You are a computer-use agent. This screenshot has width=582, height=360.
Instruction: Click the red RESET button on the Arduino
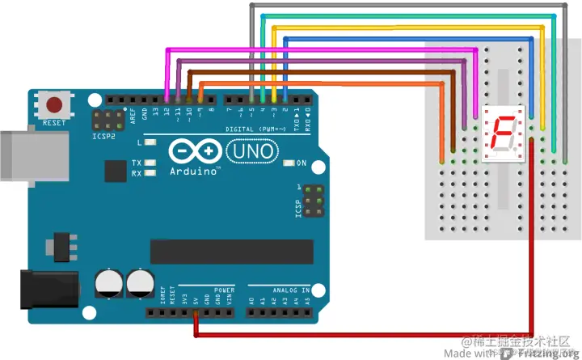(55, 104)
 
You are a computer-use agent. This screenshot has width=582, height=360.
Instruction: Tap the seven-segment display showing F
(504, 133)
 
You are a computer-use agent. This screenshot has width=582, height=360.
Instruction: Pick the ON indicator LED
(289, 163)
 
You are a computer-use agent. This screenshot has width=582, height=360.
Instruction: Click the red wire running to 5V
(364, 333)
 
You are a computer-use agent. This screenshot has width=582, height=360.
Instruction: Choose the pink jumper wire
(323, 50)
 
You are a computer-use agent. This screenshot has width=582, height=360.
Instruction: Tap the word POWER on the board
(224, 289)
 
